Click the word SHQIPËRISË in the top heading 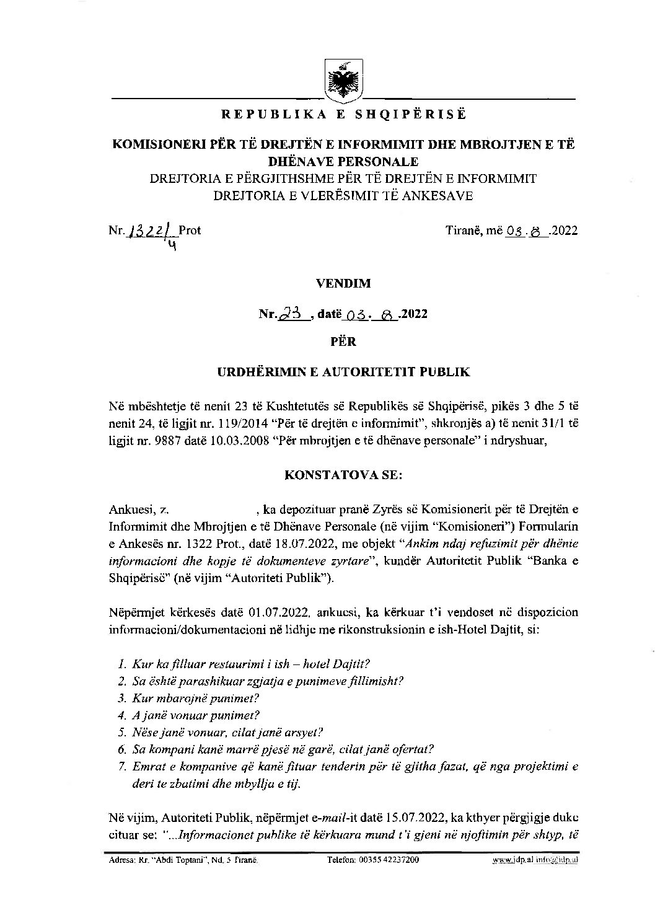409,114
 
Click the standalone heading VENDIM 343,283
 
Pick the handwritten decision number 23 293,314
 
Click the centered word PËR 343,340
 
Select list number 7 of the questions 121,767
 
